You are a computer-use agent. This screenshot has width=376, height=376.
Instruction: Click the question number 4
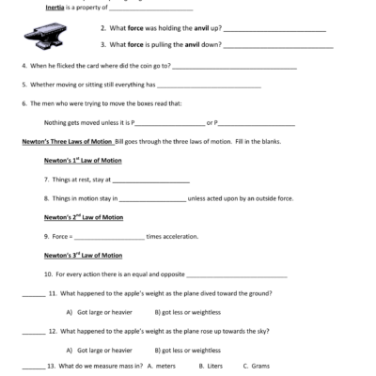pos(23,67)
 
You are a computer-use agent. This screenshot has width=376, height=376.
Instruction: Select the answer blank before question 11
pos(32,294)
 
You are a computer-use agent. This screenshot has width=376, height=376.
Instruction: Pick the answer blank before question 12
pos(32,332)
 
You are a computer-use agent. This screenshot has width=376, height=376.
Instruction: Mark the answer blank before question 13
pos(32,366)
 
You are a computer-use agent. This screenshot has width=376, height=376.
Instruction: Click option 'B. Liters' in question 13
pos(204,366)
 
